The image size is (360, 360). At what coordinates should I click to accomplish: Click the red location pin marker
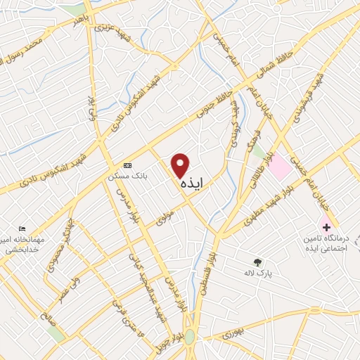pyautogui.click(x=181, y=166)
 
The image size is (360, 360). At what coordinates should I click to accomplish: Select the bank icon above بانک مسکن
pyautogui.click(x=127, y=165)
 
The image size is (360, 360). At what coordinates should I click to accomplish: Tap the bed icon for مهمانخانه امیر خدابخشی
pyautogui.click(x=23, y=230)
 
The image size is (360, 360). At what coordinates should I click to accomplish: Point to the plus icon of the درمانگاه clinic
pyautogui.click(x=326, y=226)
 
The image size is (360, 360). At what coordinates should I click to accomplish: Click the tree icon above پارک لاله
pyautogui.click(x=257, y=261)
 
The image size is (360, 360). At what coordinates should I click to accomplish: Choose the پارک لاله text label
pyautogui.click(x=257, y=272)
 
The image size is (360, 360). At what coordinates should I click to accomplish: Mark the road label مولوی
pyautogui.click(x=165, y=218)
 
